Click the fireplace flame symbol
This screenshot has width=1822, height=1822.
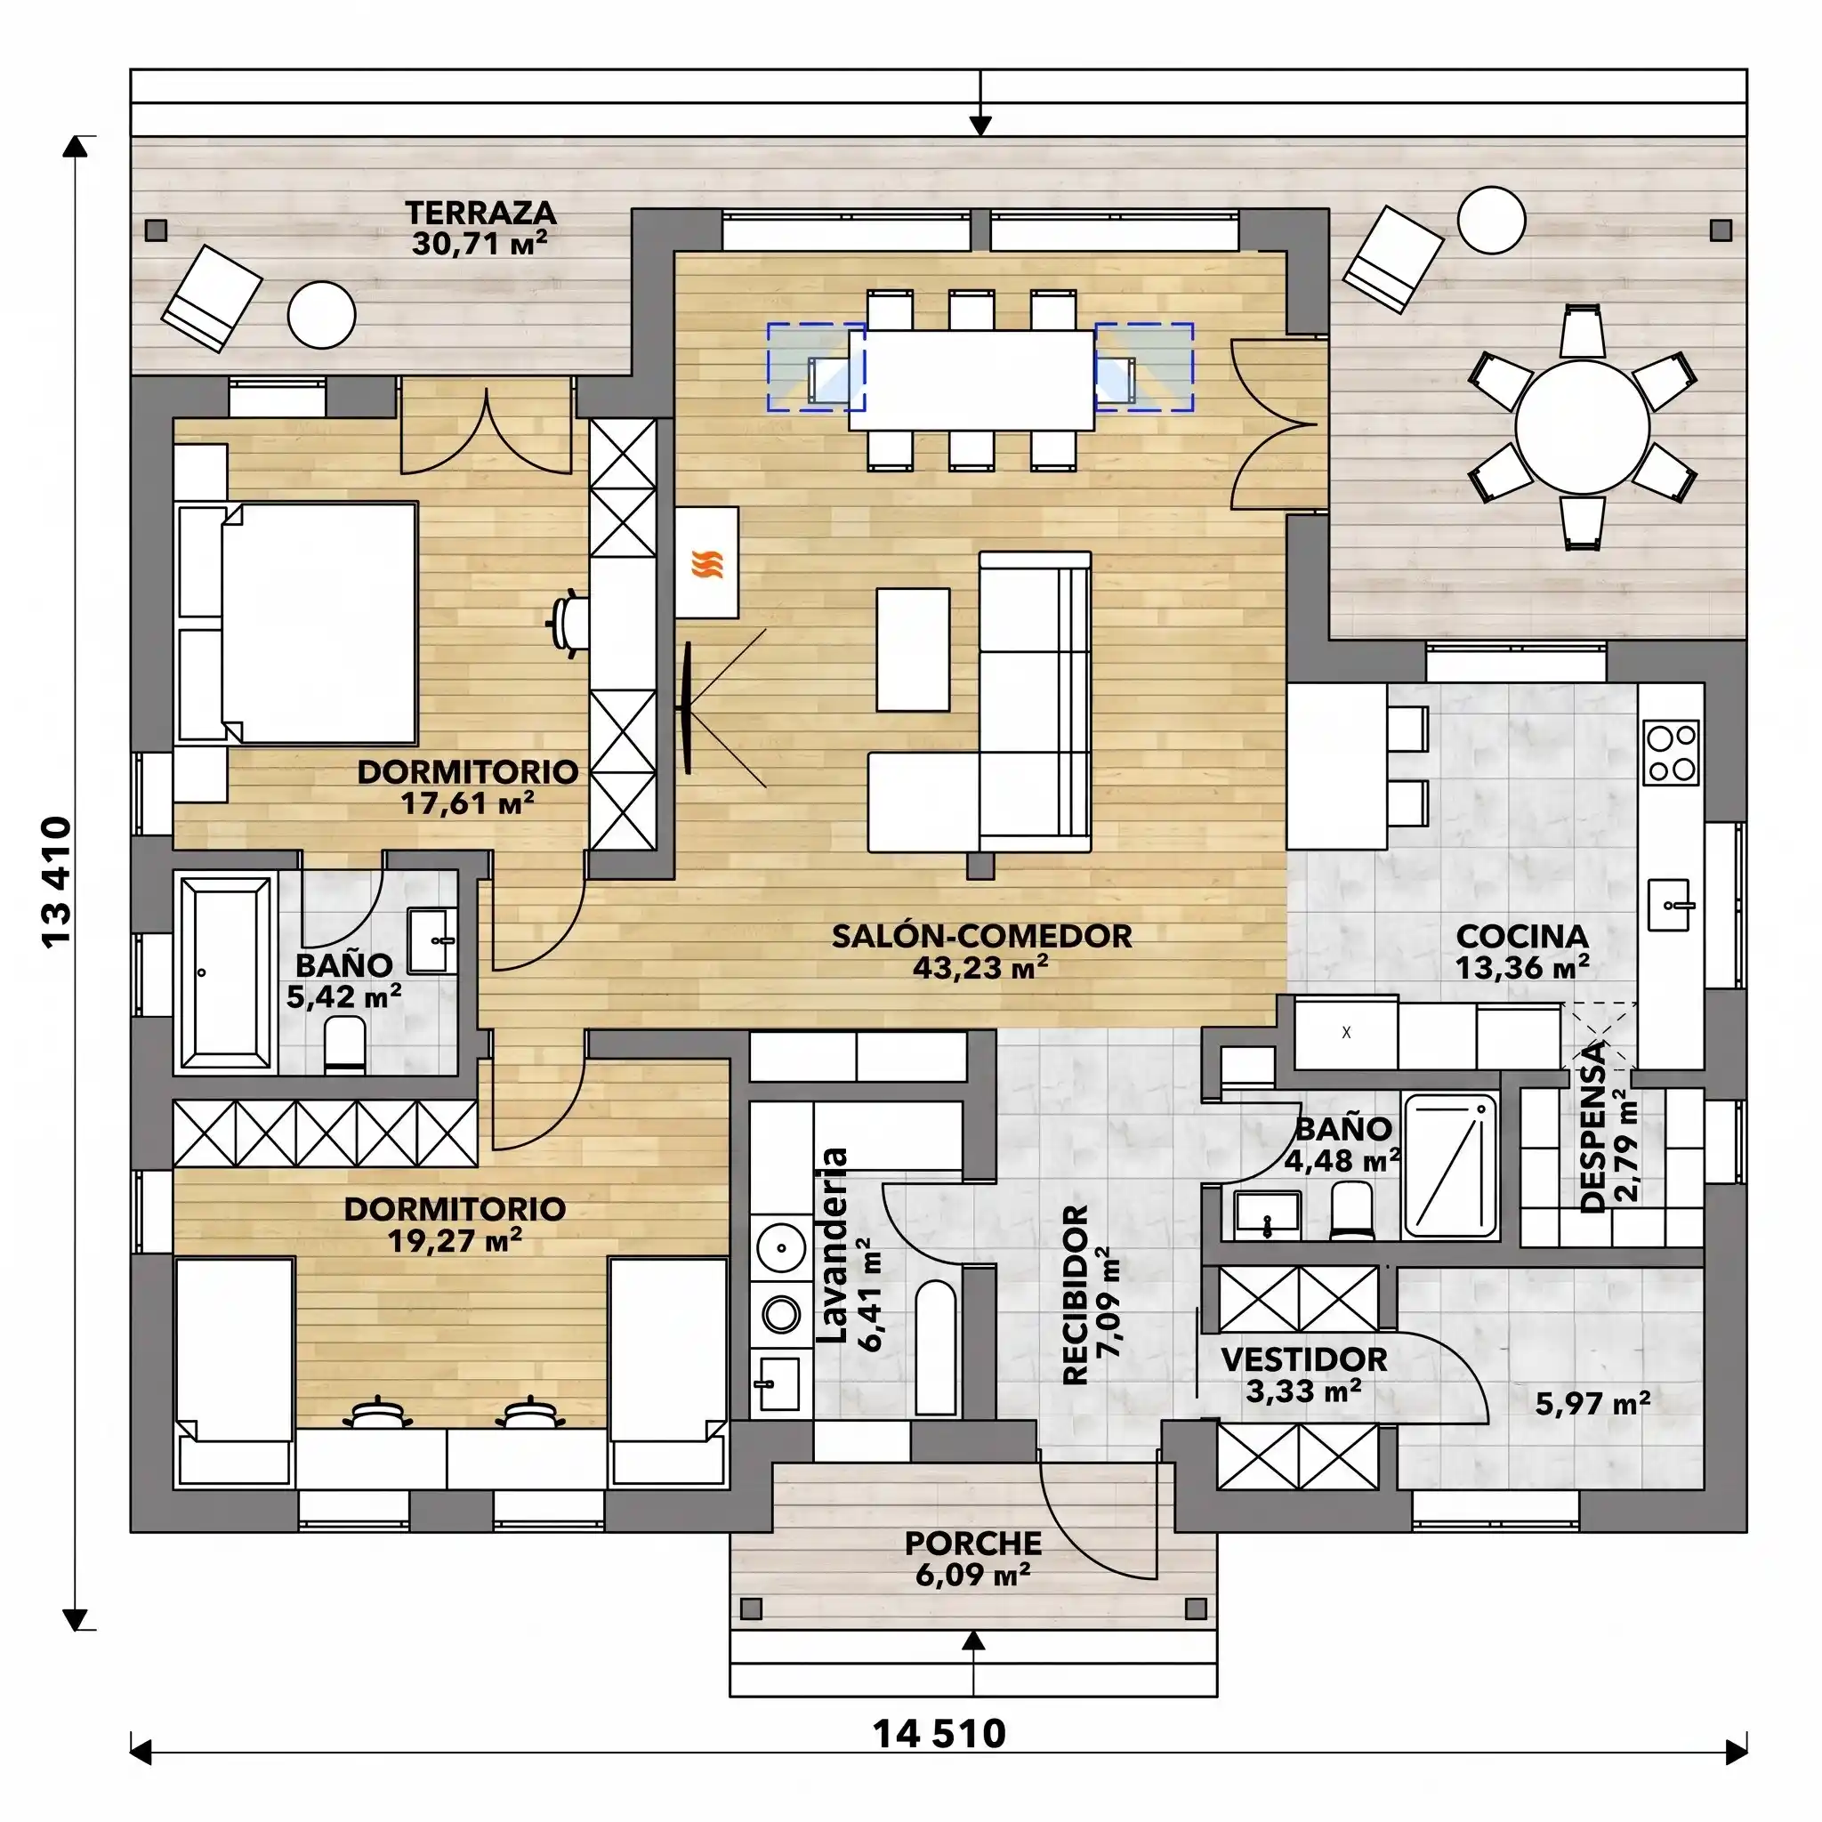pyautogui.click(x=707, y=564)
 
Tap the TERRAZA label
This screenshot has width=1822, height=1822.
pyautogui.click(x=480, y=213)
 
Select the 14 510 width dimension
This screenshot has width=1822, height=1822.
pyautogui.click(x=939, y=1733)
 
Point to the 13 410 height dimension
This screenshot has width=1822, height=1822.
pyautogui.click(x=58, y=881)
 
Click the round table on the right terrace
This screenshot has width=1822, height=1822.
pyautogui.click(x=1583, y=427)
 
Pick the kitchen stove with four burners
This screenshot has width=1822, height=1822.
pyautogui.click(x=1670, y=752)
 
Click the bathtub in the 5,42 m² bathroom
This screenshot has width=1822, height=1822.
pyautogui.click(x=224, y=972)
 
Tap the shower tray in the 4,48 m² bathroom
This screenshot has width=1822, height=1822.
pyautogui.click(x=1450, y=1165)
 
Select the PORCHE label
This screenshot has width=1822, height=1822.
pyautogui.click(x=973, y=1544)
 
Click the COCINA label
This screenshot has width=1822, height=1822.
pyautogui.click(x=1522, y=937)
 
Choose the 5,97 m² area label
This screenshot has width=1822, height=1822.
pyautogui.click(x=1592, y=1403)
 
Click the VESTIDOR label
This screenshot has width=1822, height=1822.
pyautogui.click(x=1304, y=1359)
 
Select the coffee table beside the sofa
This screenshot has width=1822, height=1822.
pyautogui.click(x=913, y=649)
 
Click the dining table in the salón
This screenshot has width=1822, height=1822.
pyautogui.click(x=971, y=380)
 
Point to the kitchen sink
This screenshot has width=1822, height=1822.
pyautogui.click(x=1669, y=905)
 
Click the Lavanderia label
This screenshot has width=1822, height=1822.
pyautogui.click(x=833, y=1246)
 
